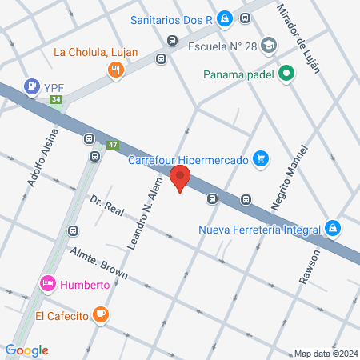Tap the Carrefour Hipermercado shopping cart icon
259,159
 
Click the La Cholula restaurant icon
117,70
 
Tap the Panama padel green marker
286,77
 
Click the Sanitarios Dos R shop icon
226,18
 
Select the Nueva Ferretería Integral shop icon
332,230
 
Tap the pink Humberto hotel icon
47,283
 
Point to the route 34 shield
55,100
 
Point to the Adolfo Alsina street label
42,158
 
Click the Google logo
27,350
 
